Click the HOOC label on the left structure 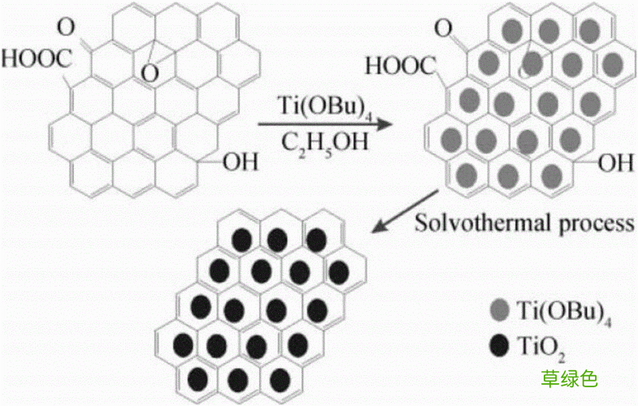37,58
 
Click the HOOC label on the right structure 400,66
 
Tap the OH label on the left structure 241,162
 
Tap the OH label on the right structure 615,162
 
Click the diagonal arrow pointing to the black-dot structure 406,211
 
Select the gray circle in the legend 500,311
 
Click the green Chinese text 569,378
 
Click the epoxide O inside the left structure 150,73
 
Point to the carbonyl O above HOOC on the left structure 66,28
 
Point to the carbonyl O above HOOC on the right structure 443,29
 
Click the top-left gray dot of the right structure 512,31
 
